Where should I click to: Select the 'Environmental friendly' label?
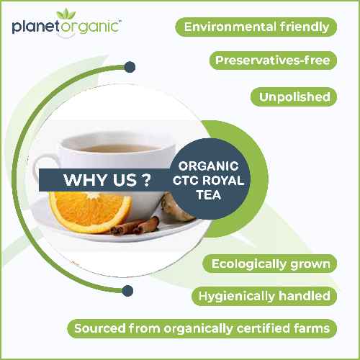click(256, 27)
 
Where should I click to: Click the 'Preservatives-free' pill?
click(273, 60)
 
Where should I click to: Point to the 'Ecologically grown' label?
click(271, 264)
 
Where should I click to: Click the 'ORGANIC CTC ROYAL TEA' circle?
click(210, 180)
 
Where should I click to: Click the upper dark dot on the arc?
click(130, 67)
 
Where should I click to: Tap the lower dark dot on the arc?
click(127, 290)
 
